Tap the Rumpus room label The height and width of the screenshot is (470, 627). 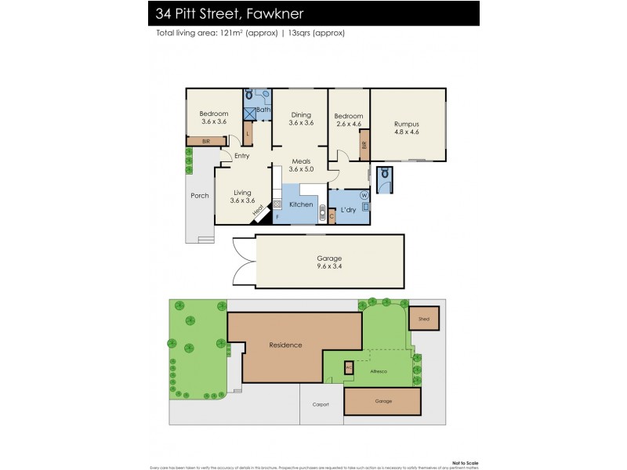click(406, 128)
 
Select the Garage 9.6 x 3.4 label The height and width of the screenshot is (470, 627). click(329, 262)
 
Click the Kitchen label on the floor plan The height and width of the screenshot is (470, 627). click(301, 204)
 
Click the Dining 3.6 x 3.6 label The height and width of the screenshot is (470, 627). click(301, 119)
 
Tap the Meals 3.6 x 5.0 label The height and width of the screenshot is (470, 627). click(301, 164)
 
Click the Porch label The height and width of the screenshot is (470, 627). click(200, 196)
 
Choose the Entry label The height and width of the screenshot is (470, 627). click(241, 156)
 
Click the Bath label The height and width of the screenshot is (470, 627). click(263, 110)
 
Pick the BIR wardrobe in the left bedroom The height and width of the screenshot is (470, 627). click(205, 142)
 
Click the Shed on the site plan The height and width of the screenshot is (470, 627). click(424, 318)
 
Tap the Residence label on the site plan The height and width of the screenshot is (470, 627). click(285, 345)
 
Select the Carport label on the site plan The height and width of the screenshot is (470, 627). click(321, 404)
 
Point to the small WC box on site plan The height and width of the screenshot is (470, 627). click(350, 367)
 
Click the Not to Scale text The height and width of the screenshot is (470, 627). click(466, 462)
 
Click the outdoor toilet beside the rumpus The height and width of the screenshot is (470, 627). click(385, 179)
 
